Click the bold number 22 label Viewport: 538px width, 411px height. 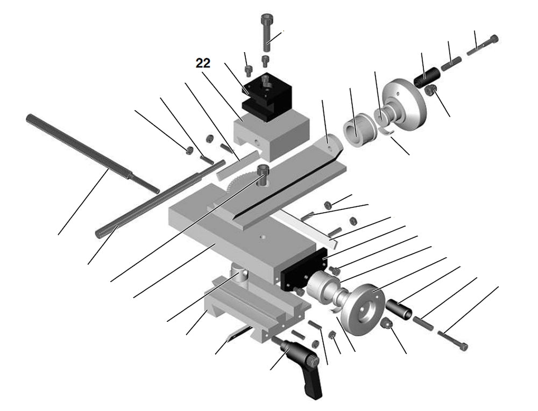203,63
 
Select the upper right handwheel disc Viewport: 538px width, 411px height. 406,105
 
